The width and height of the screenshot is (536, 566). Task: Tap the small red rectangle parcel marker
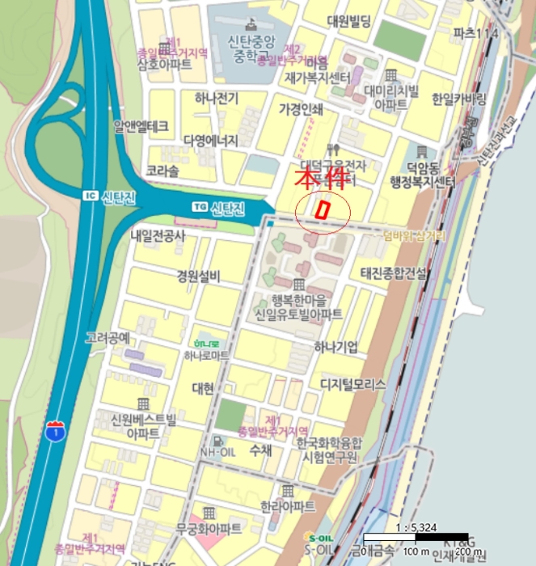(x=323, y=209)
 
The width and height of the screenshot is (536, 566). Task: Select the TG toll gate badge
(x=199, y=208)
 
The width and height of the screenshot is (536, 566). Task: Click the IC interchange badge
(x=89, y=196)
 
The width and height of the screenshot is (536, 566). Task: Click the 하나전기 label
(x=216, y=99)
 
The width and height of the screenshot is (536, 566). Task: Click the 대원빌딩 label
(x=348, y=22)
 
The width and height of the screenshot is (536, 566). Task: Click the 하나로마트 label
(x=206, y=354)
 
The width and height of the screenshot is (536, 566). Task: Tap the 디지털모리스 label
(x=352, y=384)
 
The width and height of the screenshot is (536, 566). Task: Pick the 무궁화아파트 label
(x=208, y=529)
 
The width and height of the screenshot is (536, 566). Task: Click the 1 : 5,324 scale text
(x=416, y=528)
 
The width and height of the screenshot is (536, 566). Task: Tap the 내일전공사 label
(x=158, y=236)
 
